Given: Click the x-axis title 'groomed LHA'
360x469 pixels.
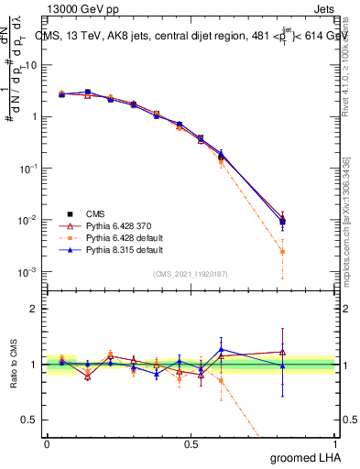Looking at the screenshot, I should coord(307,457).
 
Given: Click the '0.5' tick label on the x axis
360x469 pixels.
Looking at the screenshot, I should coord(191,443).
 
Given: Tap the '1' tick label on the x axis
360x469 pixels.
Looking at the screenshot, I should coord(335,443).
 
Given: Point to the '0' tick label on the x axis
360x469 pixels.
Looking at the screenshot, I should coord(47,443).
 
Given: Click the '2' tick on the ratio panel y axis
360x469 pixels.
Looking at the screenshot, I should coord(34,309).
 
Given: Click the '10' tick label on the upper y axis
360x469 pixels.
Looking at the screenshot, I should coord(30,65).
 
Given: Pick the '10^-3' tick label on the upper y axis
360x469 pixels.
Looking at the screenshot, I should coord(28,272).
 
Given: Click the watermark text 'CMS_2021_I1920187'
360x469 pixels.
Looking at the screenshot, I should coord(191,274).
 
